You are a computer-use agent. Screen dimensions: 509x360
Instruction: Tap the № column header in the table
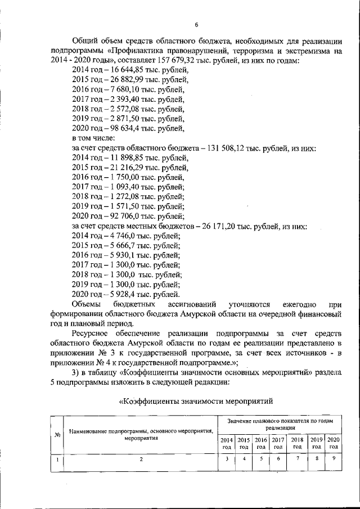tap(57, 434)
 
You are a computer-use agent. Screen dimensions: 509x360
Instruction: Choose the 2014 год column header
tap(226, 443)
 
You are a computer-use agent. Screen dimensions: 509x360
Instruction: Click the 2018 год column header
tap(298, 443)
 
